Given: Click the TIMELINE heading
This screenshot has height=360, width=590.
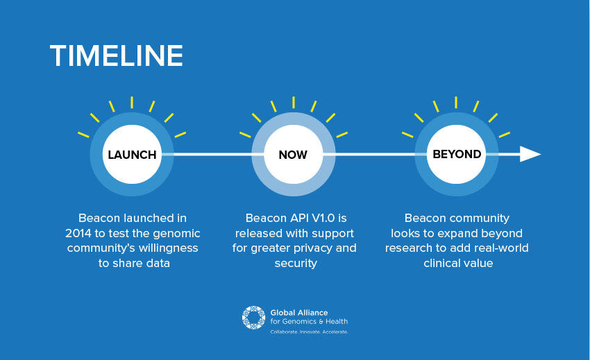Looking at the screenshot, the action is [117, 55].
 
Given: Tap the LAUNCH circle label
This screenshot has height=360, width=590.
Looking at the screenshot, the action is [132, 155].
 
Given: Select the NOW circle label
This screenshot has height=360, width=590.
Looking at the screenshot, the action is [293, 155].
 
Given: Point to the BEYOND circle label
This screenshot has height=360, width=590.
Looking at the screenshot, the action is [457, 154].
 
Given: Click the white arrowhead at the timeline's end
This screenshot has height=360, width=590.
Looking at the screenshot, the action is [530, 154].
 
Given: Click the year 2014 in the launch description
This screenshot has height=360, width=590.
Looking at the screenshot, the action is [78, 233].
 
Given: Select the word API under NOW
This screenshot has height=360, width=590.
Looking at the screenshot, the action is [298, 218].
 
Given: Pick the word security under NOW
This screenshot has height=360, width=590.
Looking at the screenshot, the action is [296, 264].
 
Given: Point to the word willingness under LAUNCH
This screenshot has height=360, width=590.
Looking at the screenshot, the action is [168, 248].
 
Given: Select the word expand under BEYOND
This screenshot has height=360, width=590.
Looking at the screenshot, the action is [457, 234].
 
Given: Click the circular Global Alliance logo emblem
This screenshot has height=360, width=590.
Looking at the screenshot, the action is [253, 318].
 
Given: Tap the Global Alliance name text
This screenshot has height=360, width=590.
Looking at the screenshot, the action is [299, 313].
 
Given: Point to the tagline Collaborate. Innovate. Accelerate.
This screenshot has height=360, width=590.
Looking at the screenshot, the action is [309, 332].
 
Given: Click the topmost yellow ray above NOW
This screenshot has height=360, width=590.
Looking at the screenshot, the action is [294, 103].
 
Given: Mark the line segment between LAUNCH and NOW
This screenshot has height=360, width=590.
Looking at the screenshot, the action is [212, 154].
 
